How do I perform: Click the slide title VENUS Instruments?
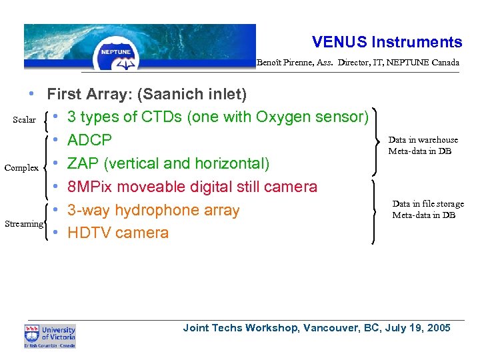[387, 42]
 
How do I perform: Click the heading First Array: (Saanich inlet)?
[147, 94]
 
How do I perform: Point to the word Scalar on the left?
[25, 120]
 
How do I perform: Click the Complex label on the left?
[21, 168]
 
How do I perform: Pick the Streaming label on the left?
[23, 224]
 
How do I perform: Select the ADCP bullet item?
[90, 141]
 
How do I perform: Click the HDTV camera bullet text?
[118, 233]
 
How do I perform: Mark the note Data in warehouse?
[423, 140]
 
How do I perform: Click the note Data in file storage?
[428, 204]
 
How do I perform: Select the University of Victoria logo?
[50, 335]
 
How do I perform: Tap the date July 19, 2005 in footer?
[420, 328]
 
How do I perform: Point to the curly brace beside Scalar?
[44, 121]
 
